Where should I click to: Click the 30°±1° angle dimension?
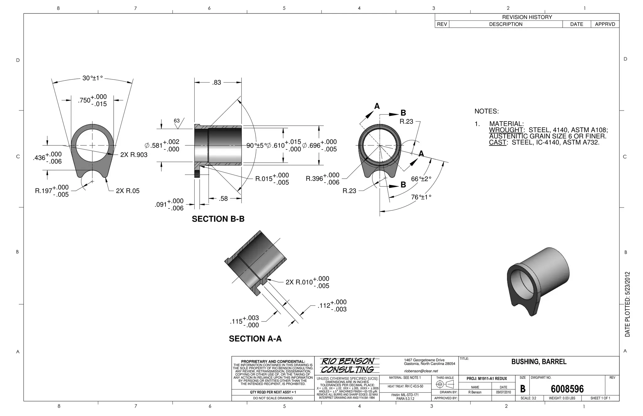(92, 78)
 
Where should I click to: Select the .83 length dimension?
(217, 83)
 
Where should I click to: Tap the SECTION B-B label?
(218, 219)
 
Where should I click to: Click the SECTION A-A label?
(255, 338)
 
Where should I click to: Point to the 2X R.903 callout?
(134, 155)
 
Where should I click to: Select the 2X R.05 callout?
(127, 191)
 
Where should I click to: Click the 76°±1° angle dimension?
(421, 197)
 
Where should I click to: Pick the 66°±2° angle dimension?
(421, 179)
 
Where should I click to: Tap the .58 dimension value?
(223, 198)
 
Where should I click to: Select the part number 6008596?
(567, 389)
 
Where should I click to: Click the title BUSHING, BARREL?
(539, 362)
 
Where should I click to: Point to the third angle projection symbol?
(445, 384)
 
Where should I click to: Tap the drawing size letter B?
(523, 389)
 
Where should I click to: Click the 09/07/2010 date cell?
(503, 392)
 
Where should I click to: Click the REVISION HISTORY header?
(527, 17)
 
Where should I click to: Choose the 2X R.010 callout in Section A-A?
(299, 282)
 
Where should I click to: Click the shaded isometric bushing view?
(538, 280)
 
